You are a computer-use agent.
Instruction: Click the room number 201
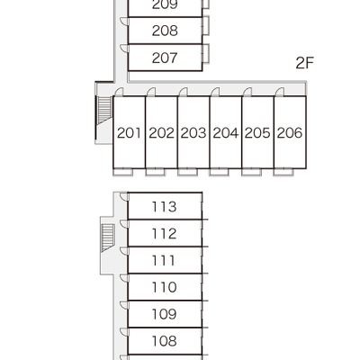(129, 133)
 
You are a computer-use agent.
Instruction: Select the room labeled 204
(226, 133)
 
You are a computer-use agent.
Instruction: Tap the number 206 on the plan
(290, 133)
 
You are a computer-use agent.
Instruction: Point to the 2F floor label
(304, 63)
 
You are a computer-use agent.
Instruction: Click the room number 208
(165, 31)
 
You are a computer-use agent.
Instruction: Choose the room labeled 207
(165, 58)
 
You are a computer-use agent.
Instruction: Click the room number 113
(164, 207)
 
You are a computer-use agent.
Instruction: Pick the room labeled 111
(164, 261)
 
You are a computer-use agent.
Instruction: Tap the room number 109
(164, 314)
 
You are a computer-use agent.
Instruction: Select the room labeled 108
(164, 341)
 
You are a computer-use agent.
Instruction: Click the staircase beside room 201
(104, 110)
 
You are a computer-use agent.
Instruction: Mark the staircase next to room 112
(108, 238)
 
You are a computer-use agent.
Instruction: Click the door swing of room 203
(183, 92)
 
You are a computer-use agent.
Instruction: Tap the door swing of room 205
(247, 92)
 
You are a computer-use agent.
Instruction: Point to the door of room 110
(124, 278)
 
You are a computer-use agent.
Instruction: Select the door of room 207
(124, 49)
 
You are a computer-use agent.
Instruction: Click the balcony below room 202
(155, 172)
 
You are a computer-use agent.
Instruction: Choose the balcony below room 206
(283, 172)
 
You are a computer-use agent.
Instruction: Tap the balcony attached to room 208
(206, 26)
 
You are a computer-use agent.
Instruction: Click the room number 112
(164, 234)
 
